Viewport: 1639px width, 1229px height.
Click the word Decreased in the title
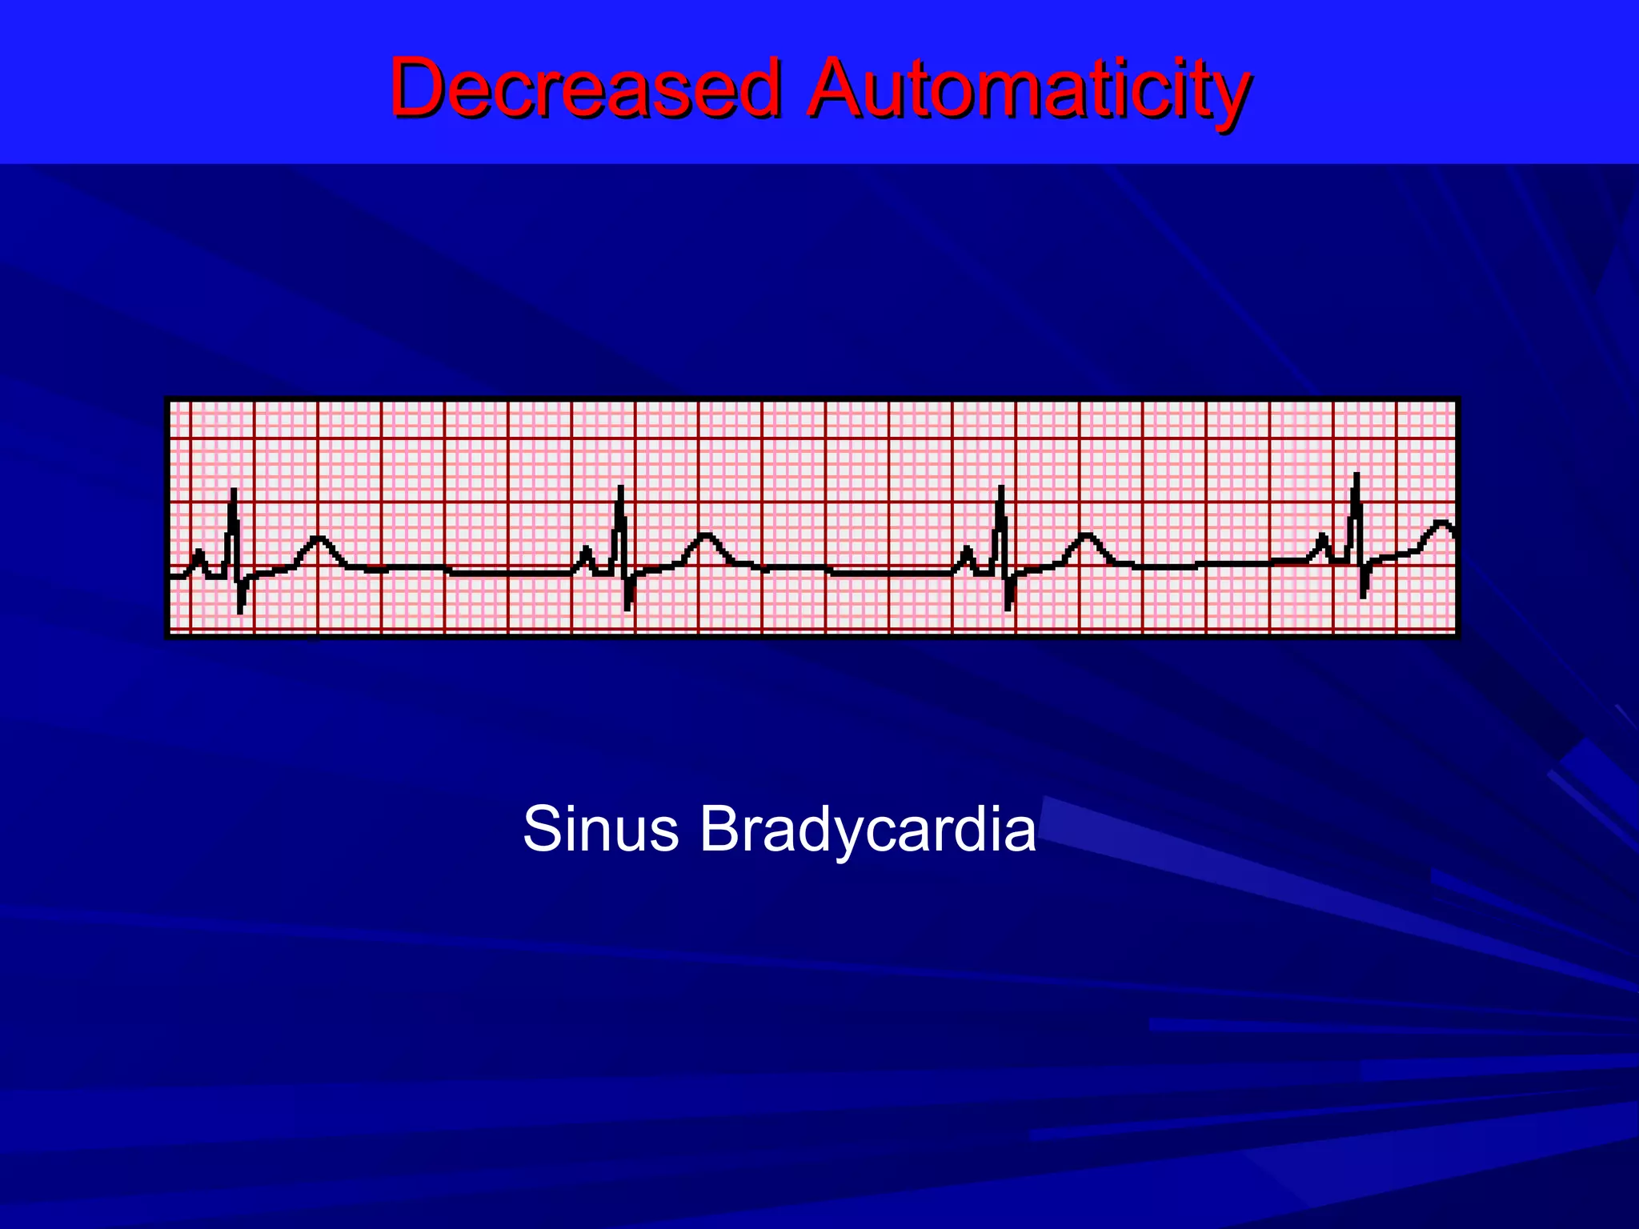(x=584, y=88)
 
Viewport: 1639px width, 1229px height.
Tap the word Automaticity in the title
(x=1028, y=88)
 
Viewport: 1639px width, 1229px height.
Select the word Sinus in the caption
(x=600, y=829)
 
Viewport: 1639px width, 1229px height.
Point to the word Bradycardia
(x=868, y=829)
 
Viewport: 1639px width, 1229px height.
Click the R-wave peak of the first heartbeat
(x=233, y=490)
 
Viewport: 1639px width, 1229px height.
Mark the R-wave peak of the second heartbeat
(x=620, y=488)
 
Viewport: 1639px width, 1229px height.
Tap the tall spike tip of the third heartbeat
(x=1000, y=488)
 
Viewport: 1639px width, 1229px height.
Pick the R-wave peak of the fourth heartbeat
(x=1356, y=476)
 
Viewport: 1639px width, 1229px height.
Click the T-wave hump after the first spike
(x=319, y=539)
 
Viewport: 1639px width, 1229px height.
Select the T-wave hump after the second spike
(x=705, y=536)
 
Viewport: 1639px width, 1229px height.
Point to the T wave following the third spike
(x=1085, y=536)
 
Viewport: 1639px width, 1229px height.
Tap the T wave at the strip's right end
(x=1442, y=524)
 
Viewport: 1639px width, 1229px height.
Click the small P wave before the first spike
(x=198, y=552)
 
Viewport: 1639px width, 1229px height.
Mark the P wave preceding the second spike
(x=586, y=550)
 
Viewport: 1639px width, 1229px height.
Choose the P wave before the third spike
(x=967, y=550)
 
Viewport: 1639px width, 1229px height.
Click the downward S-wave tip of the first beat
(x=240, y=610)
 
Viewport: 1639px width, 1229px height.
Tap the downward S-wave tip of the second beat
(x=627, y=608)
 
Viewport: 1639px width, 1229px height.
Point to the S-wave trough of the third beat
(x=1008, y=608)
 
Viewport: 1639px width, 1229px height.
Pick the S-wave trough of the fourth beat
(x=1363, y=595)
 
